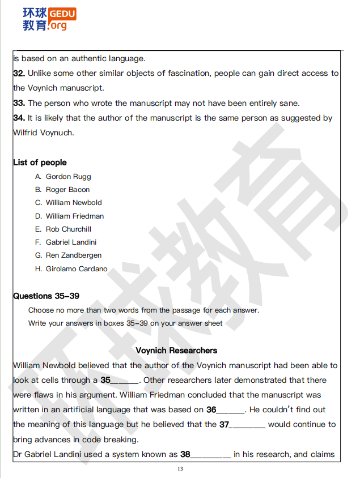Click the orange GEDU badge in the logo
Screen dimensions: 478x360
(62, 14)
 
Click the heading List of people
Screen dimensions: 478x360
(40, 163)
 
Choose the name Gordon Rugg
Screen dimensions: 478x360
(68, 176)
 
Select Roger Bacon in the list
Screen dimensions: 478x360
(67, 189)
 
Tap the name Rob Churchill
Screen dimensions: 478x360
(69, 229)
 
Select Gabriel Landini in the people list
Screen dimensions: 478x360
(71, 242)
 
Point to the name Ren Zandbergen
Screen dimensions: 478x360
(74, 255)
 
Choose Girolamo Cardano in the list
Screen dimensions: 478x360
(77, 268)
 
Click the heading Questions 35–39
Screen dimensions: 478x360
(46, 296)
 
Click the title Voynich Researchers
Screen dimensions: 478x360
(176, 351)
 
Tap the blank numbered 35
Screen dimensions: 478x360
(125, 381)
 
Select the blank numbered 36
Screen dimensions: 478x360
(231, 410)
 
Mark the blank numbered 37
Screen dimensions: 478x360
(248, 425)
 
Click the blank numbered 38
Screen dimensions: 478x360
(211, 454)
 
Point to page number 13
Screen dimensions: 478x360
(180, 469)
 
